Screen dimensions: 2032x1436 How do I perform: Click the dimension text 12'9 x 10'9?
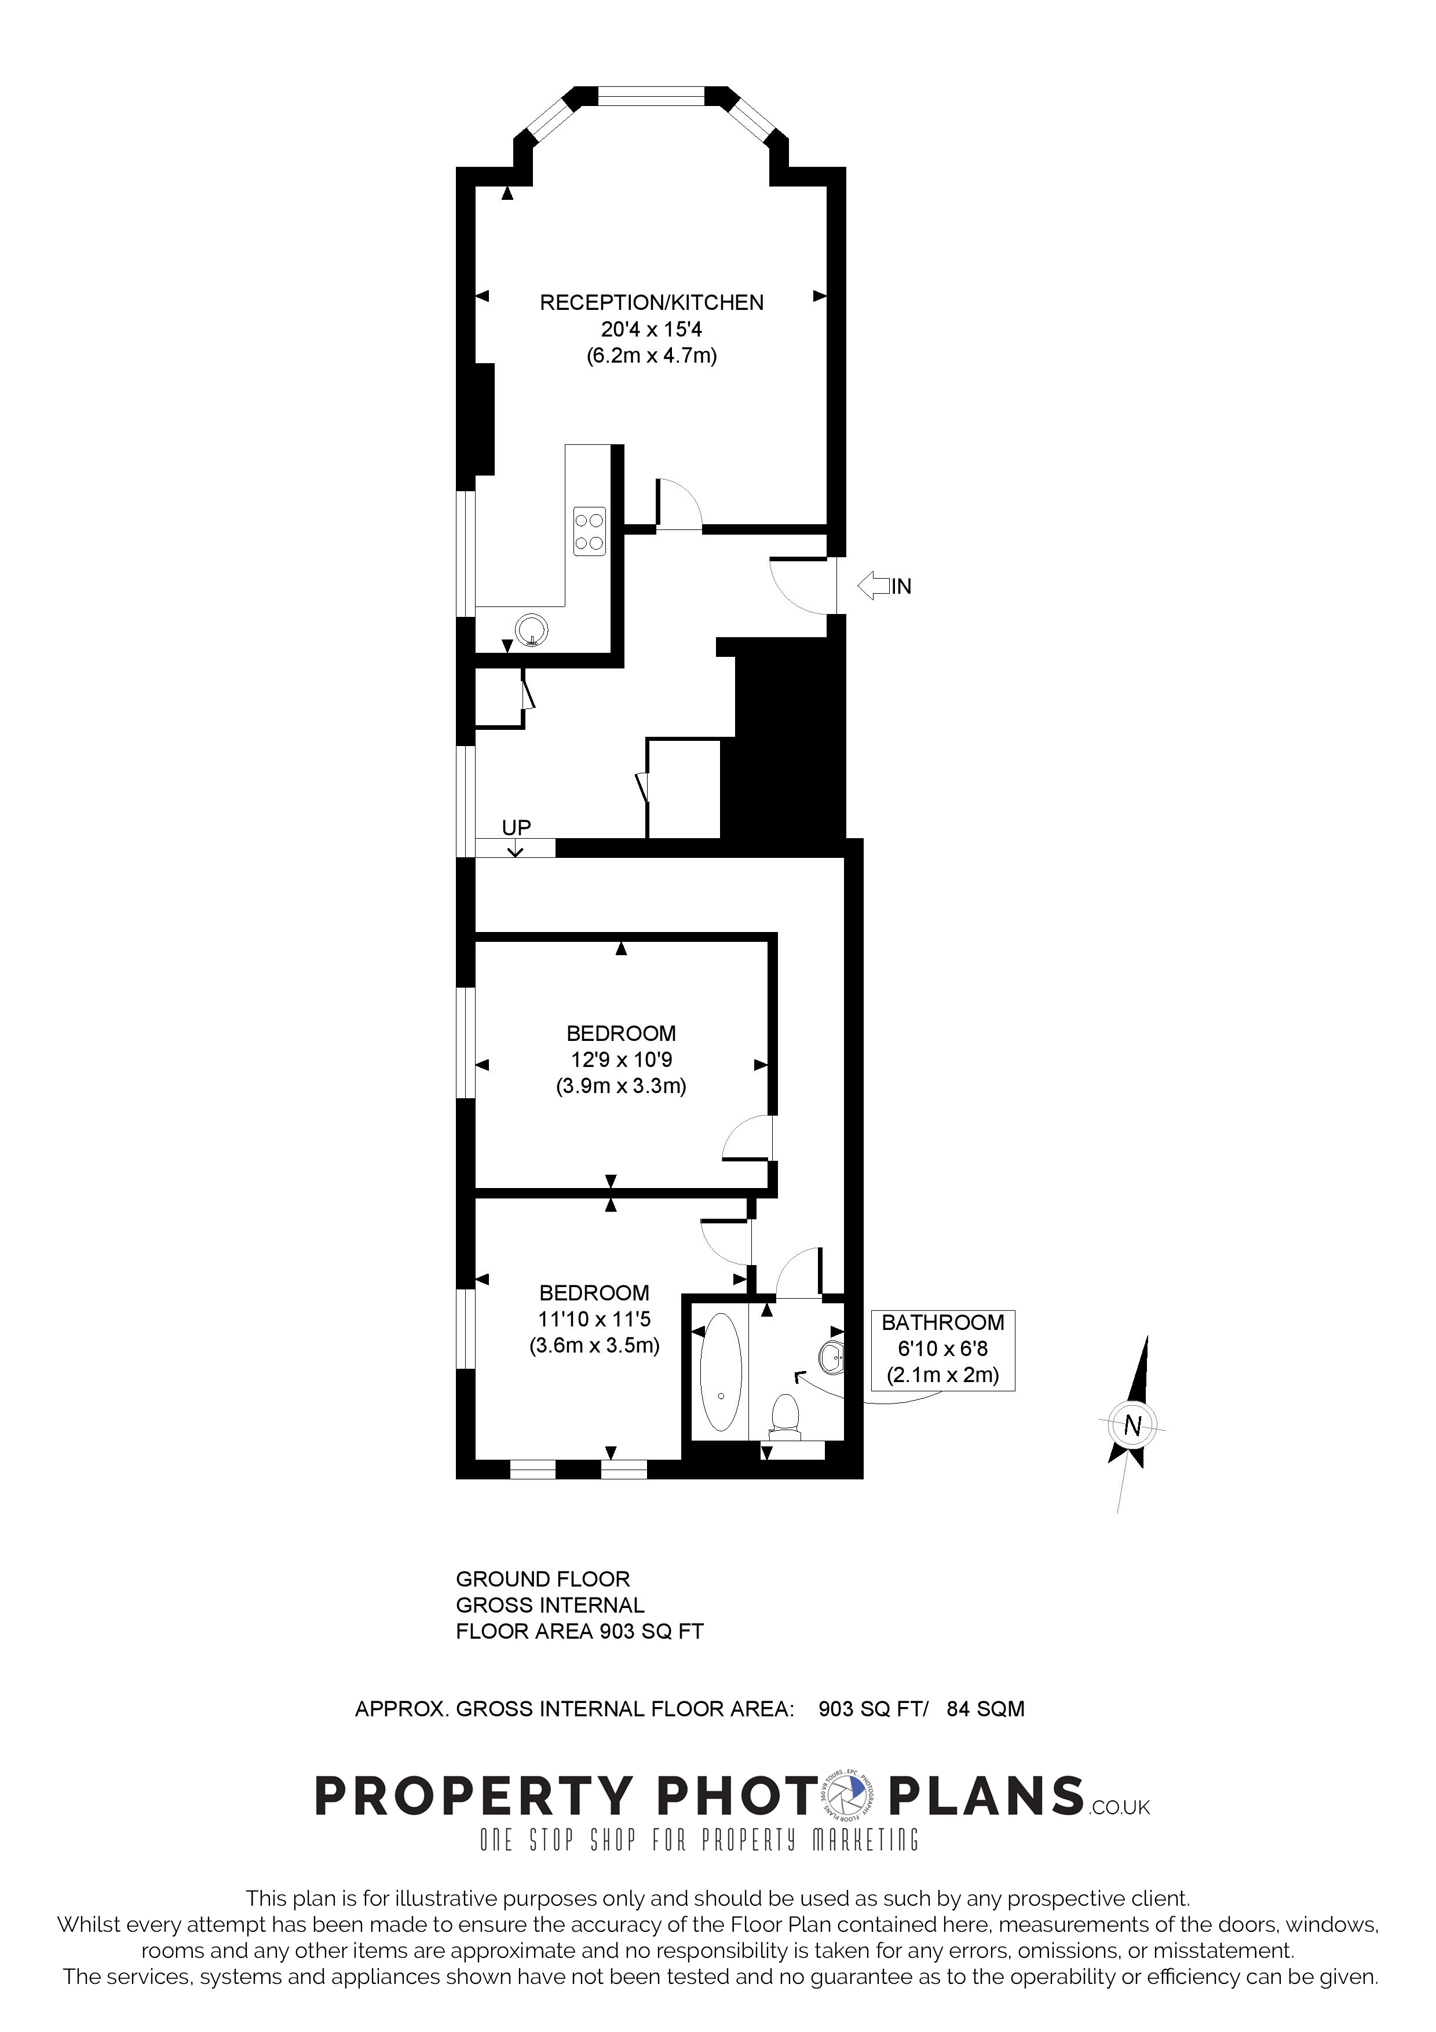pos(621,1059)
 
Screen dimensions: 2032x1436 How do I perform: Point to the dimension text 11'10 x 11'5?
pos(594,1319)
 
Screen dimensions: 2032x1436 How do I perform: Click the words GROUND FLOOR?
pos(542,1579)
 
